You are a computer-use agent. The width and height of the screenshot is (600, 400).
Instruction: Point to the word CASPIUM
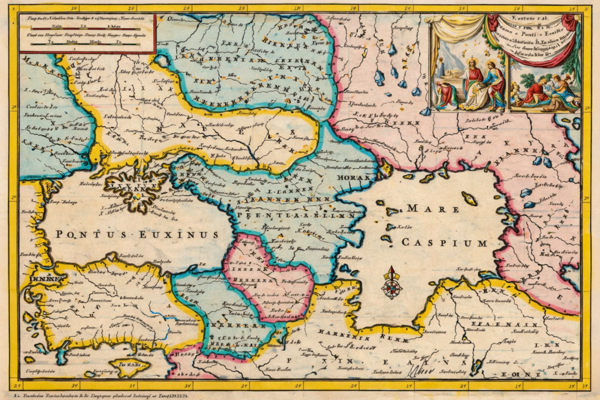point(444,242)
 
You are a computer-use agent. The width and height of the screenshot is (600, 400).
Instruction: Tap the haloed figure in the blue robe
point(493,85)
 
